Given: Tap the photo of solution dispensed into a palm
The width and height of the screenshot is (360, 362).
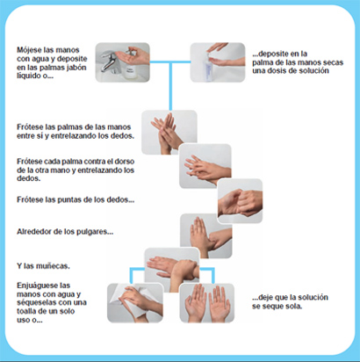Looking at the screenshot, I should point(216,62).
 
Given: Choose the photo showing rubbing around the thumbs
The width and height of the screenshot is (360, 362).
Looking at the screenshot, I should point(205,234).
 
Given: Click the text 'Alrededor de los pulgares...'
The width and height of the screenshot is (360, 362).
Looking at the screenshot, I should point(63,233).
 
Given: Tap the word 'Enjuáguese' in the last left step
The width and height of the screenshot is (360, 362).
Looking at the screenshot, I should point(40,286).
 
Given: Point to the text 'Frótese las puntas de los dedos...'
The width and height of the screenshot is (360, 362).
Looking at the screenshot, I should point(76,199).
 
